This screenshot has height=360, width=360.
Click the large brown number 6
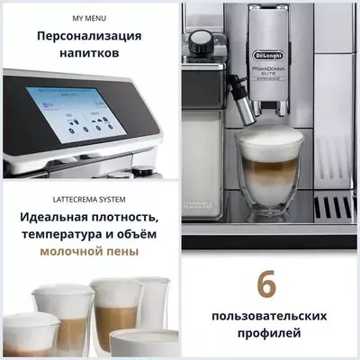(266, 285)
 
